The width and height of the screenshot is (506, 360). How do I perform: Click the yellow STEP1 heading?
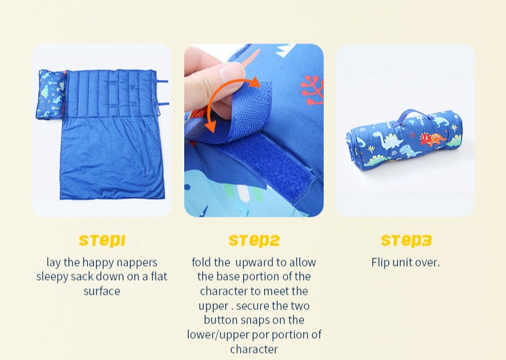tap(102, 240)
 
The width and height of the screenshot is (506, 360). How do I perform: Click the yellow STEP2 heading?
tap(254, 240)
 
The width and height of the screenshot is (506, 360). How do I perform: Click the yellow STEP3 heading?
tap(406, 240)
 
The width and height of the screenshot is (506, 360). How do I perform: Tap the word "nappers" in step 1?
tap(137, 263)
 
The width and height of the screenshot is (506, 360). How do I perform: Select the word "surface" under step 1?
tap(102, 292)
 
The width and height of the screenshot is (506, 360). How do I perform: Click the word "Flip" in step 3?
tap(381, 263)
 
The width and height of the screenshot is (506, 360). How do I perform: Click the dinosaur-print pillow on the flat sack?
tap(51, 94)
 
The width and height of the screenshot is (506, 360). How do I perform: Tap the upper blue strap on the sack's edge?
tap(162, 81)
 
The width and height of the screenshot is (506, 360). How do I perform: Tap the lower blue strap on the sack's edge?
tap(163, 104)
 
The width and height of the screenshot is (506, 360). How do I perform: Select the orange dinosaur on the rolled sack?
tap(432, 139)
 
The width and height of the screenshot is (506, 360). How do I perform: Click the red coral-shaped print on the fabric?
tap(312, 90)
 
